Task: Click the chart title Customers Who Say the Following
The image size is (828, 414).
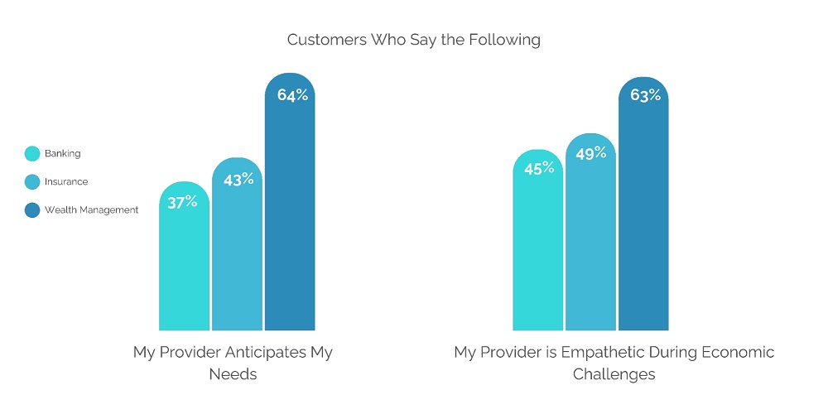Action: click(413, 40)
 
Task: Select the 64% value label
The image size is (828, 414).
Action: click(292, 95)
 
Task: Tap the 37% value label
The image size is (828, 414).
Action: click(182, 201)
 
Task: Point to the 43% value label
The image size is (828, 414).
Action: click(238, 179)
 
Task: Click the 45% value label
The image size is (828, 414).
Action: click(538, 169)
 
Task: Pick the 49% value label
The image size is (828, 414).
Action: click(591, 153)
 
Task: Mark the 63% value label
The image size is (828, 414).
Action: click(645, 95)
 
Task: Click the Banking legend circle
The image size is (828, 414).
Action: click(32, 153)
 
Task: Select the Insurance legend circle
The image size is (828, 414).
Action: click(32, 182)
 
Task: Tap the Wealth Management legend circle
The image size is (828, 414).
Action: click(32, 210)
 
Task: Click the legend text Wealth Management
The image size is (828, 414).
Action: click(91, 210)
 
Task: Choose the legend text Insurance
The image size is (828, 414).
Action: click(66, 182)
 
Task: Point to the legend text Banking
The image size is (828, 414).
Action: click(63, 153)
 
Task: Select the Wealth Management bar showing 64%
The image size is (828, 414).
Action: click(290, 224)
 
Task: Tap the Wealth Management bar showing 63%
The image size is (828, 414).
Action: click(643, 224)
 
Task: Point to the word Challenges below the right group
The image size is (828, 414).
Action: click(614, 374)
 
